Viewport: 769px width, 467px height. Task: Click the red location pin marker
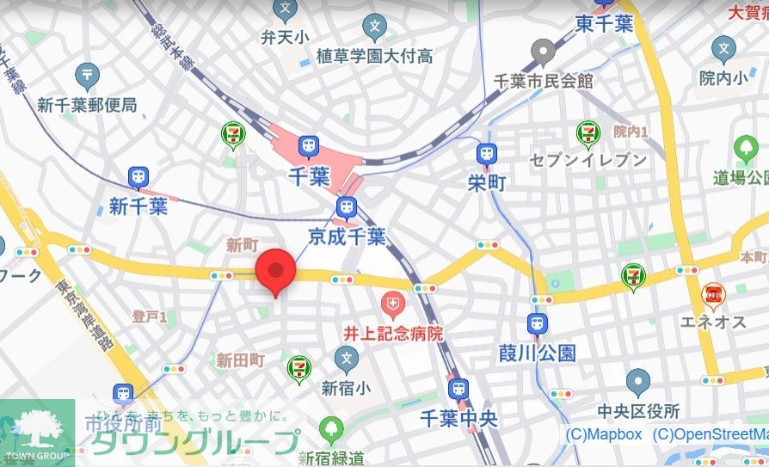[275, 270]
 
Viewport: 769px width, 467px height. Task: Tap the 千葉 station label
[308, 178]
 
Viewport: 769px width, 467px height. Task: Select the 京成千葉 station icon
[347, 207]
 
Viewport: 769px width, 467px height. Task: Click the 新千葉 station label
[138, 206]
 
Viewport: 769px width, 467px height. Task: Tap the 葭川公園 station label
[537, 353]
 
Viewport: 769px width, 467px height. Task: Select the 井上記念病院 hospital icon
[393, 303]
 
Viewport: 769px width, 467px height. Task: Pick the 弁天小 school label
[285, 37]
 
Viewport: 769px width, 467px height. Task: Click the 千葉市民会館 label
[543, 81]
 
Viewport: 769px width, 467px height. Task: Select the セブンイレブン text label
[588, 160]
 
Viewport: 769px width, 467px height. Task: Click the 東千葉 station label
[605, 23]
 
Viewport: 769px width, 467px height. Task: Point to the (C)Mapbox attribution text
[603, 435]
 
